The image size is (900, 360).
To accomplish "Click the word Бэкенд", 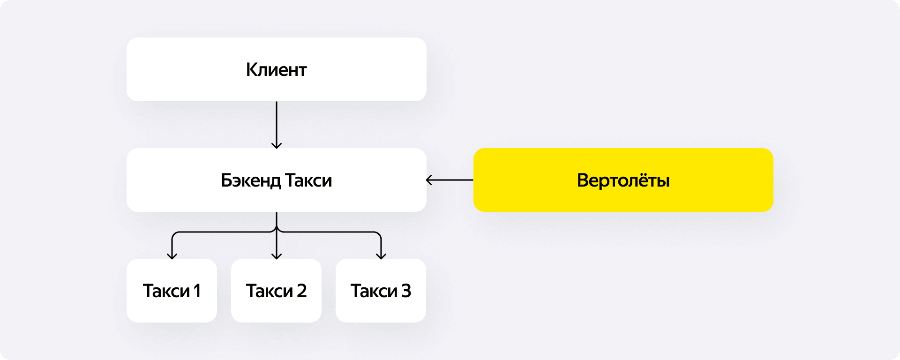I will coord(251,180).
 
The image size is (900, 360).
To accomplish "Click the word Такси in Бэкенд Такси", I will coord(308,180).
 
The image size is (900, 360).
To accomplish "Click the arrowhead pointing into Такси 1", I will coord(172,256).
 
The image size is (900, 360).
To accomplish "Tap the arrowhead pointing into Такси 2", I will coord(277,256).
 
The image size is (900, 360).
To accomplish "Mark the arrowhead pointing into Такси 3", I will coord(381,256).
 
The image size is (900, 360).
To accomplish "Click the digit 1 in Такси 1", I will coord(197,291).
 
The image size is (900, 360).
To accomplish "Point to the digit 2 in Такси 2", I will coord(301,291).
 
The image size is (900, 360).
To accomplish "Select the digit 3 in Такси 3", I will coord(406,291).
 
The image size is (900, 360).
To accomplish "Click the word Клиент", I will coord(276,70).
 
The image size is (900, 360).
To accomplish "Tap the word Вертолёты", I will coord(623,180).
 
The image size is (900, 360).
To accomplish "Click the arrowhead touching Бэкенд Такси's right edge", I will coord(429,180).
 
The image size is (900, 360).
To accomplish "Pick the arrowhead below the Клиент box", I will coord(277,145).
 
